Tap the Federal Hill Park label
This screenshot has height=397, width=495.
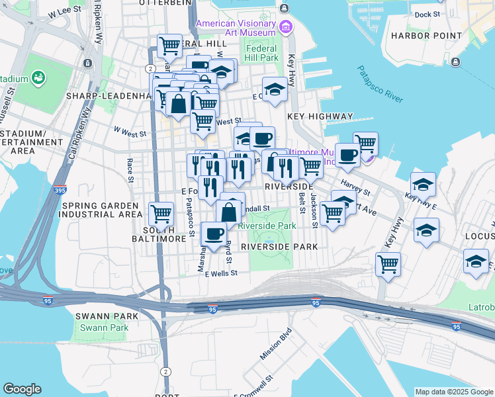click(x=262, y=53)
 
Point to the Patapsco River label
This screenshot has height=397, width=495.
click(x=380, y=84)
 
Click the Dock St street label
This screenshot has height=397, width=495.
click(x=427, y=14)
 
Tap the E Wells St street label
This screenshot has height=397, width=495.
click(x=221, y=273)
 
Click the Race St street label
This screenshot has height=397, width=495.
click(x=130, y=170)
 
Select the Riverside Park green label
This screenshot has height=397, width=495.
click(x=267, y=226)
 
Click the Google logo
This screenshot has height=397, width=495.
click(x=22, y=389)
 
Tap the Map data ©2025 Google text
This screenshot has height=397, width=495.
click(x=454, y=392)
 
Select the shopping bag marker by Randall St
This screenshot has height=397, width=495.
click(x=228, y=212)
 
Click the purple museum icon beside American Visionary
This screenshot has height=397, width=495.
click(x=286, y=27)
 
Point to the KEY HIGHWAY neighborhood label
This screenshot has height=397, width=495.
click(x=320, y=116)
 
